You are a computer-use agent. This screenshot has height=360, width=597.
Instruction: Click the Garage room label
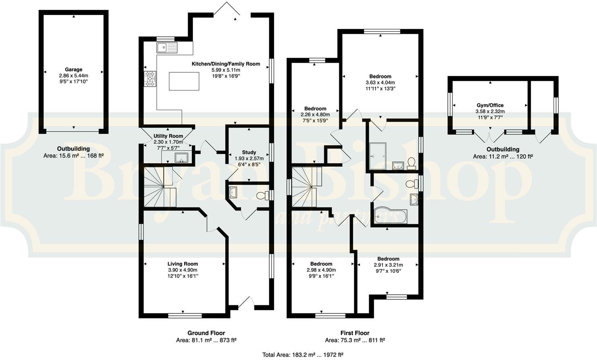pyautogui.click(x=74, y=70)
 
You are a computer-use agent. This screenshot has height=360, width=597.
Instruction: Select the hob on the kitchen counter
pyautogui.click(x=151, y=79)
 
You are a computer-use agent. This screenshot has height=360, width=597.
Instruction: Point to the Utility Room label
pyautogui.click(x=168, y=136)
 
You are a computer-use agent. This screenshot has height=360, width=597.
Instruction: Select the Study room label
pyautogui.click(x=249, y=152)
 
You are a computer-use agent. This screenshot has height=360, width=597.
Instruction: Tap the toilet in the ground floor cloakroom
pyautogui.click(x=263, y=196)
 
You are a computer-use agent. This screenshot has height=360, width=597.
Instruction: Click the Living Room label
pyautogui.click(x=183, y=264)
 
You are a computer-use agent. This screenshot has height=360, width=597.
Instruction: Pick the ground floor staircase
pyautogui.click(x=160, y=187)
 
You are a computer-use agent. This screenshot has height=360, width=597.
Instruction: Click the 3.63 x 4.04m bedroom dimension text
pyautogui.click(x=380, y=83)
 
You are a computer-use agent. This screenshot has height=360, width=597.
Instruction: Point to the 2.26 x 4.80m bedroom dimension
pyautogui.click(x=315, y=115)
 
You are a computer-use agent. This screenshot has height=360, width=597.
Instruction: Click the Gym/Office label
pyautogui.click(x=490, y=105)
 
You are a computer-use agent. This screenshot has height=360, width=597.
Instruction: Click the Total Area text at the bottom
pyautogui.click(x=302, y=354)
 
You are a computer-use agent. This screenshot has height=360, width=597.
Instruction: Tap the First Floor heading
pyautogui.click(x=355, y=333)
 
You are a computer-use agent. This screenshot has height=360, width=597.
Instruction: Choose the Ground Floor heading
pyautogui.click(x=206, y=333)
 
